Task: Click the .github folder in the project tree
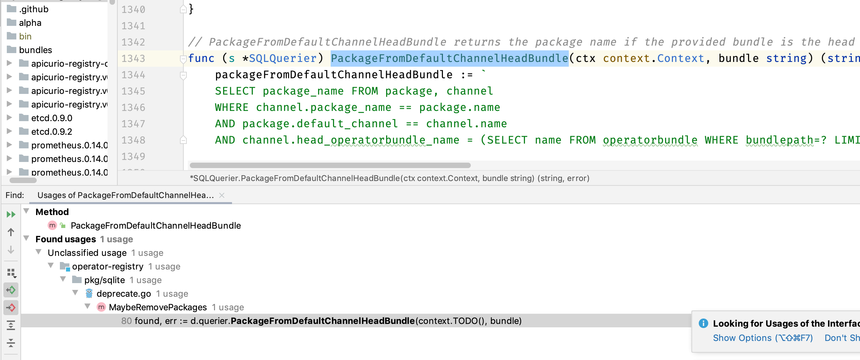pyautogui.click(x=33, y=9)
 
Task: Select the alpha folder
pyautogui.click(x=30, y=23)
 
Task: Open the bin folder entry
pyautogui.click(x=25, y=36)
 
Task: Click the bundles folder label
pyautogui.click(x=35, y=50)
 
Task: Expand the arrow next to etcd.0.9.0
pyautogui.click(x=10, y=118)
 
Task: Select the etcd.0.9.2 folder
pyautogui.click(x=51, y=132)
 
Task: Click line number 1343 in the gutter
pyautogui.click(x=133, y=59)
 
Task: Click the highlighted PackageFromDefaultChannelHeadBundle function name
pyautogui.click(x=449, y=59)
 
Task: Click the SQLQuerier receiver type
pyautogui.click(x=283, y=59)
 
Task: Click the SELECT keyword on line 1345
pyautogui.click(x=235, y=91)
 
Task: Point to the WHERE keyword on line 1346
pyautogui.click(x=231, y=108)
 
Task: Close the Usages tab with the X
pyautogui.click(x=222, y=195)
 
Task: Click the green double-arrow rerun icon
pyautogui.click(x=11, y=214)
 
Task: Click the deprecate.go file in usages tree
pyautogui.click(x=123, y=294)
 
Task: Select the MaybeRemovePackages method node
pyautogui.click(x=158, y=307)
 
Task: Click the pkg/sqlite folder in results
pyautogui.click(x=104, y=280)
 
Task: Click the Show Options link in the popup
pyautogui.click(x=763, y=338)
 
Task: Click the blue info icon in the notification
pyautogui.click(x=703, y=323)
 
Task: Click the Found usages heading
pyautogui.click(x=66, y=239)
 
